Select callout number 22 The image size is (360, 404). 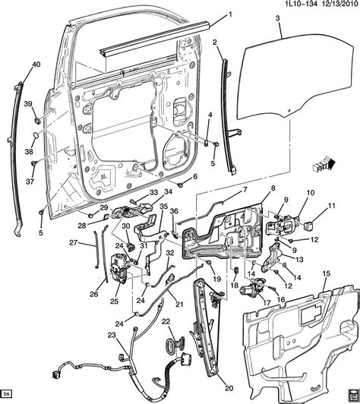pyautogui.click(x=165, y=322)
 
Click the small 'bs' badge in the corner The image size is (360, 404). pyautogui.click(x=7, y=396)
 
